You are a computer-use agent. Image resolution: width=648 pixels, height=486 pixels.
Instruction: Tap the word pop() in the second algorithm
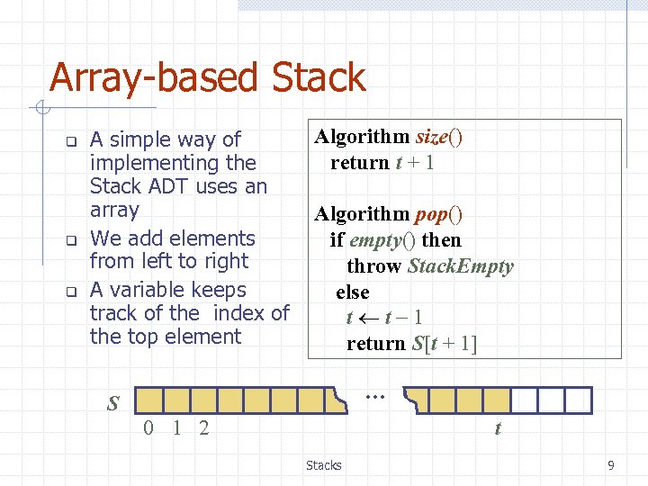click(439, 214)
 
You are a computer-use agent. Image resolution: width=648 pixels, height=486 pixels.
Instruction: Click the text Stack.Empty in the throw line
click(460, 266)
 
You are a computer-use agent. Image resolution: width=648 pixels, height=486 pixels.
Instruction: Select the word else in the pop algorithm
click(353, 292)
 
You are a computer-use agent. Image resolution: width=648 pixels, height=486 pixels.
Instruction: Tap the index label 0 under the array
click(149, 427)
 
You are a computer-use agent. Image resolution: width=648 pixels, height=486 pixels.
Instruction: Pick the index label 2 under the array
click(204, 427)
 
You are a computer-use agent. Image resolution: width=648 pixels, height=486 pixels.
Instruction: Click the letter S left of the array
click(112, 402)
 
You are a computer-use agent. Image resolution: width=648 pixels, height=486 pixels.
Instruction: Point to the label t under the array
click(498, 428)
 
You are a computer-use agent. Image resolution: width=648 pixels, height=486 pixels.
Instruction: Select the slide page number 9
click(611, 465)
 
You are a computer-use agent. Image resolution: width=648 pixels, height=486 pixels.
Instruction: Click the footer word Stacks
click(324, 465)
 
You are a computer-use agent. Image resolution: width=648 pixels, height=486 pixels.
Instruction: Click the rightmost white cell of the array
click(578, 400)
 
